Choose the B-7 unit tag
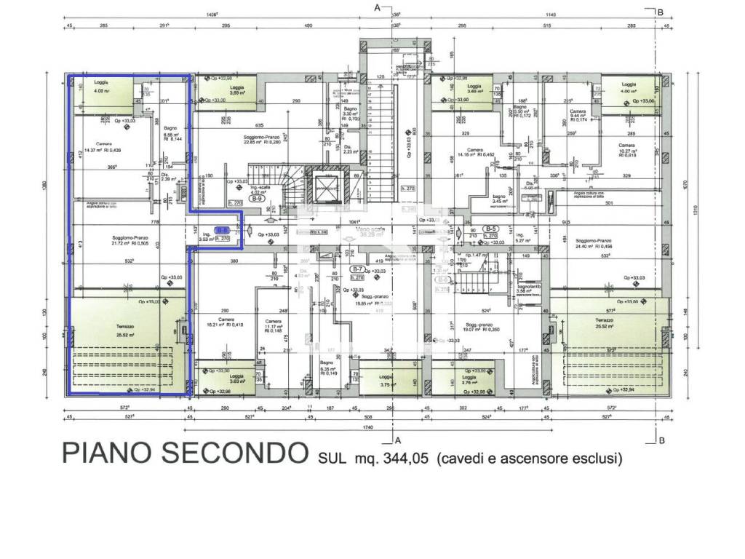point(357,269)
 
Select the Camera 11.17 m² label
point(274,325)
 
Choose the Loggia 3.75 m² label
point(386,380)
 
